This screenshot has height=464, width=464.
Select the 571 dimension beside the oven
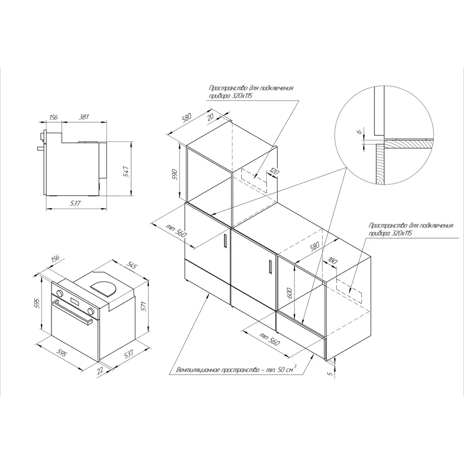pos(144,307)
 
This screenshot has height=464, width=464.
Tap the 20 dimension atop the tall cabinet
pos(211,117)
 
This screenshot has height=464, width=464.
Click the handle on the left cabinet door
pos(224,242)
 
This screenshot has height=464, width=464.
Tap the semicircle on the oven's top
pos(103,287)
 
